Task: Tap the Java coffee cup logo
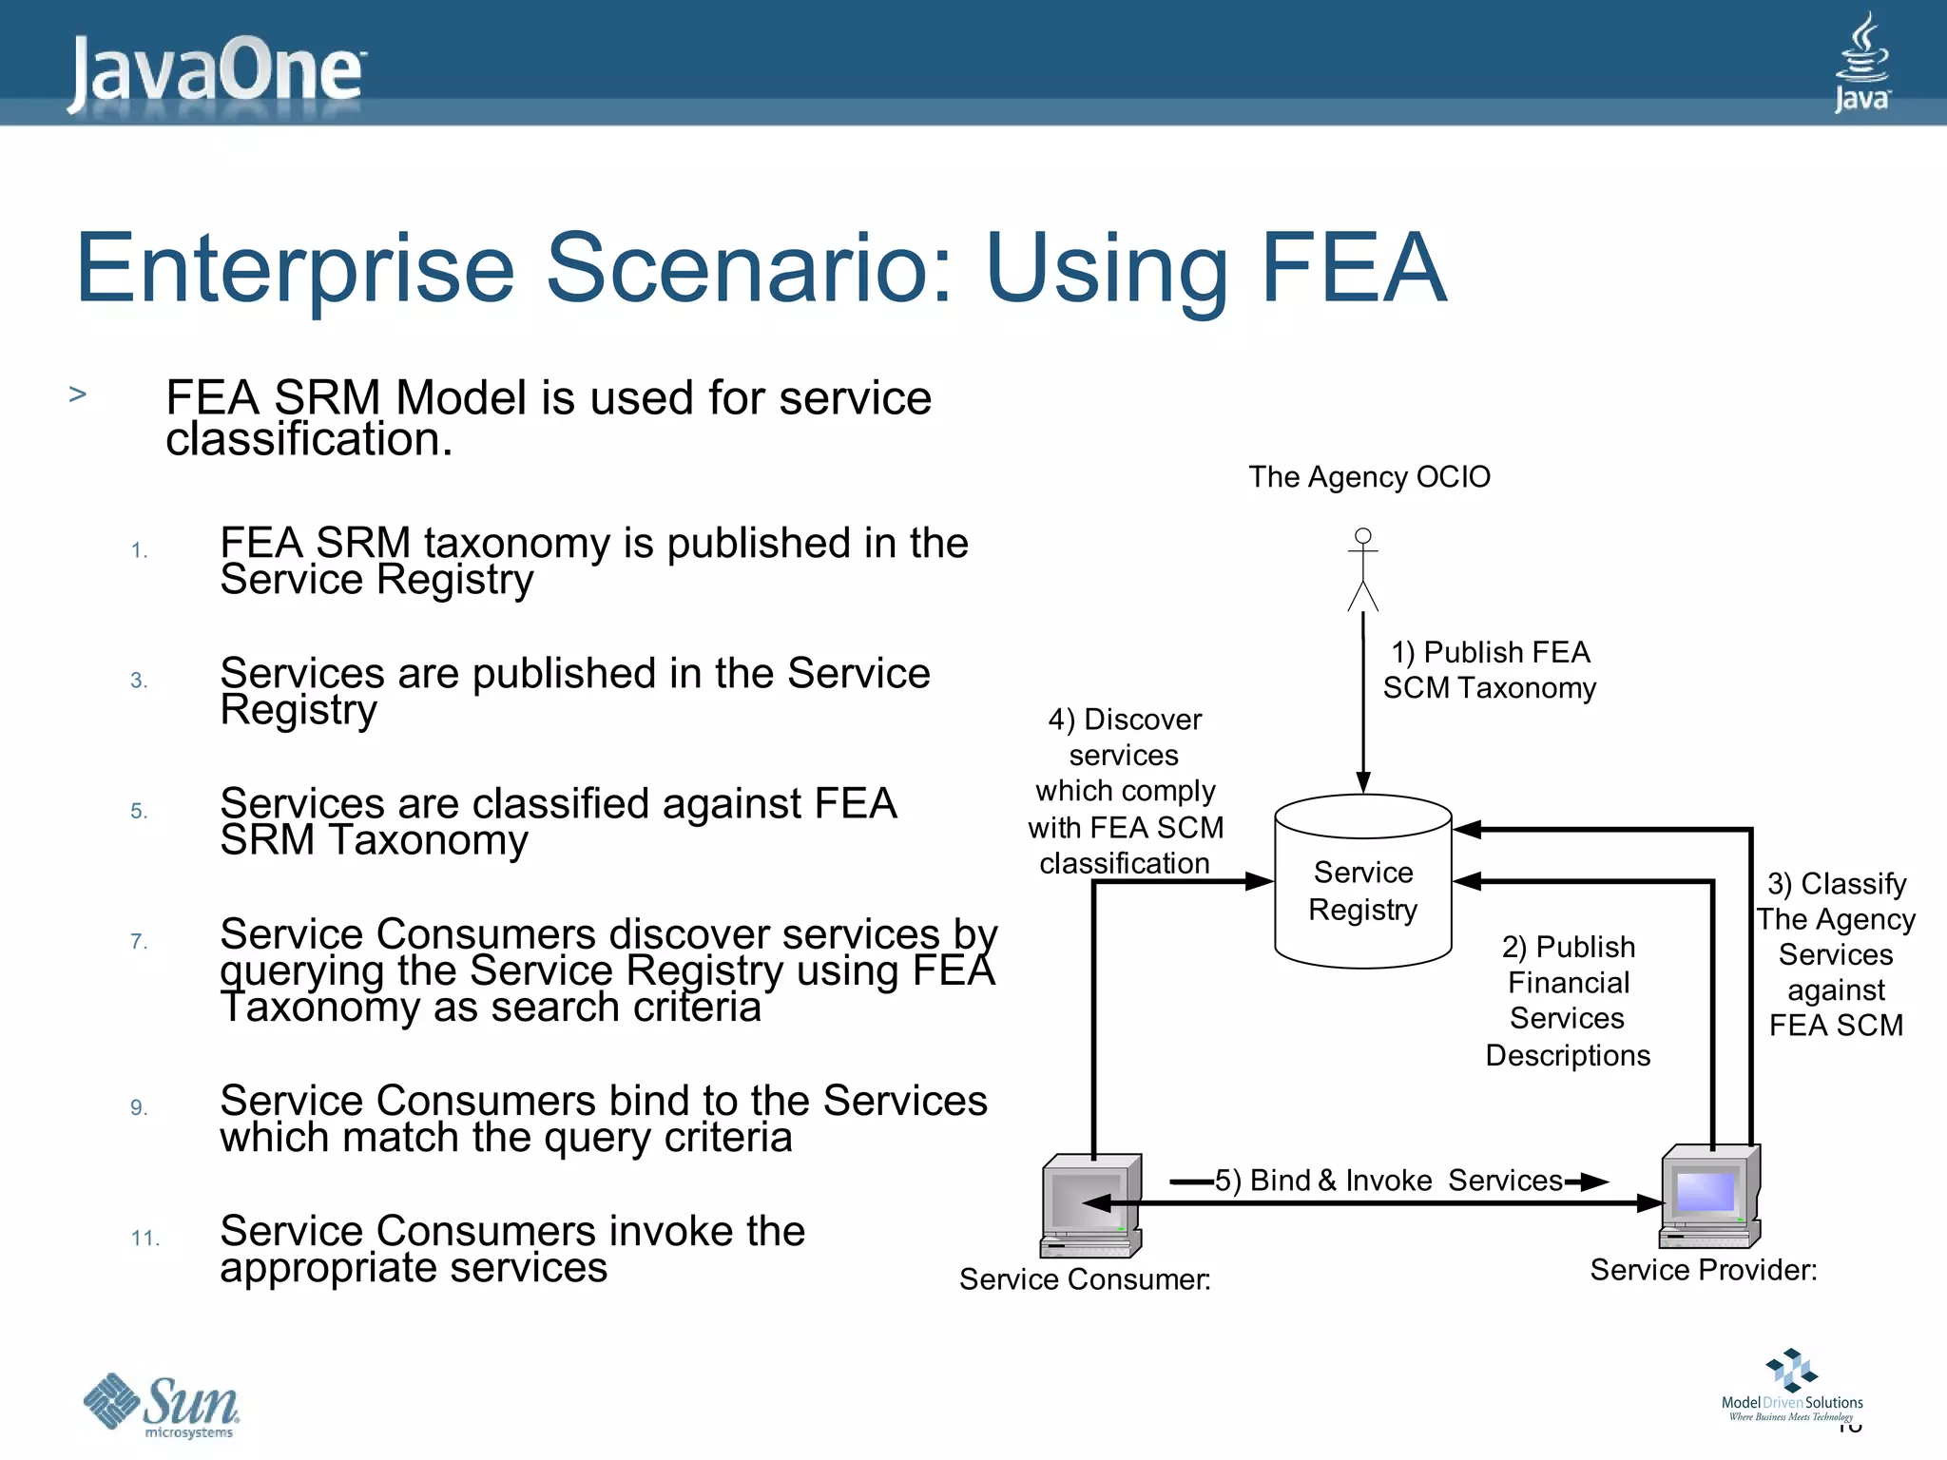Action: tap(1861, 63)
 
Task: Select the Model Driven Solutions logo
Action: tap(1791, 1386)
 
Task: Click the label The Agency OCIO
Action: tap(1369, 476)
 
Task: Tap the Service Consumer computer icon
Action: tap(1090, 1205)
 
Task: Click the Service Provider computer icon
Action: tap(1709, 1196)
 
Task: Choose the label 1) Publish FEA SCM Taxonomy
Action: tap(1489, 670)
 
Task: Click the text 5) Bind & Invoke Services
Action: tap(1388, 1180)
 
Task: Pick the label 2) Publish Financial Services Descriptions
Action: tap(1568, 1000)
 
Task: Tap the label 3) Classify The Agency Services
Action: tap(1836, 953)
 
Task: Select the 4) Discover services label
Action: tap(1125, 791)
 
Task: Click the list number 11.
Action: tap(145, 1238)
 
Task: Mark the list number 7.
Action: tap(139, 941)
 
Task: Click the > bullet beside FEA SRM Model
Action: tap(78, 394)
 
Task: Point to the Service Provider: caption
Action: tap(1703, 1270)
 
